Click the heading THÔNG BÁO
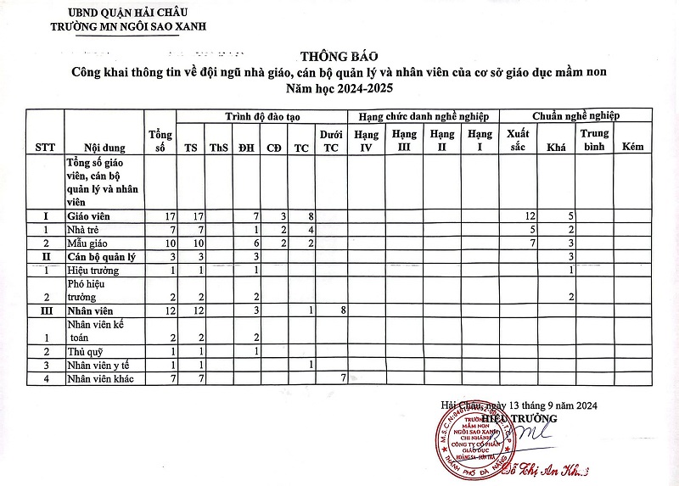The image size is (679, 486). tap(339, 56)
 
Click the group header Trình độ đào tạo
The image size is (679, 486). tap(259, 115)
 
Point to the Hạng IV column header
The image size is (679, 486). tap(367, 140)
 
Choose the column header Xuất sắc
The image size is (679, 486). tap(517, 140)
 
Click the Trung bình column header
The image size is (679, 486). tap(595, 140)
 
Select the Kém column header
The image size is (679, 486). tap(632, 147)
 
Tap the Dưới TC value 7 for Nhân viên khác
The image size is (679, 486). tap(343, 377)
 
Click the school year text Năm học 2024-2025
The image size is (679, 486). tap(339, 88)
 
